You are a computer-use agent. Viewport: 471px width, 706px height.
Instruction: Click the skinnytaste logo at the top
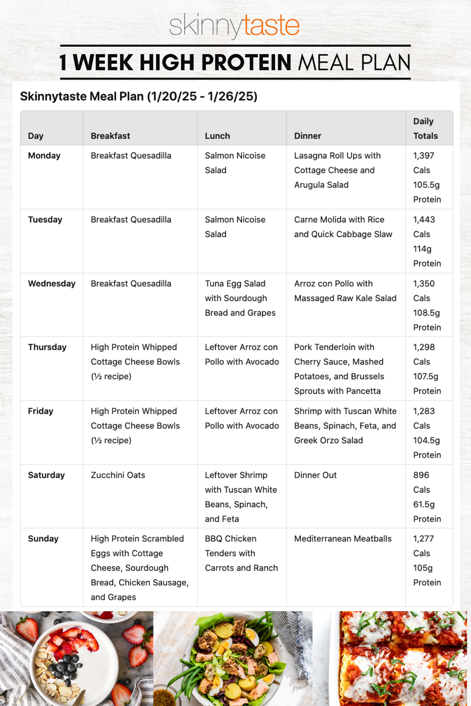[234, 25]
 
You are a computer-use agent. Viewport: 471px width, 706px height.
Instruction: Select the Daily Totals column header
[425, 128]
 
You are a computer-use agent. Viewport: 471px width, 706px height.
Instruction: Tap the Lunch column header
[217, 136]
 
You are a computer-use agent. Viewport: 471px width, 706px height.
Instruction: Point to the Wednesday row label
[51, 284]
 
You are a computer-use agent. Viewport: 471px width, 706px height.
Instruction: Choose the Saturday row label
[46, 475]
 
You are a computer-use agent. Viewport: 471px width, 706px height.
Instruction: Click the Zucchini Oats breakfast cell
[118, 475]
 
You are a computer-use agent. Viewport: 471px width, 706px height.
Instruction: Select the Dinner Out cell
[315, 475]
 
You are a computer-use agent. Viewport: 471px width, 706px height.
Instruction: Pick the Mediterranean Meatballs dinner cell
[343, 539]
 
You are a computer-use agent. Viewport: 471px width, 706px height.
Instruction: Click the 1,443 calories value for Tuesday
[424, 220]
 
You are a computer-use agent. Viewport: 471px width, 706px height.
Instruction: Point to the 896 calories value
[421, 475]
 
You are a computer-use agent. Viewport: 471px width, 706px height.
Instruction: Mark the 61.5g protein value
[424, 504]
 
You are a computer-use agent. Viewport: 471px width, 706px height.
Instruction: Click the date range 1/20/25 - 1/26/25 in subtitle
[202, 96]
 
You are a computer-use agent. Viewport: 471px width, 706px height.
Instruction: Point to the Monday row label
[44, 156]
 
